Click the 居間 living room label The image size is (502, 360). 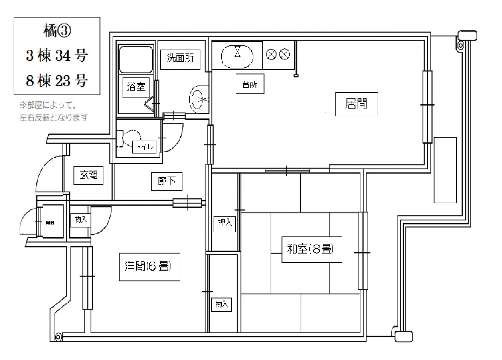(x=356, y=104)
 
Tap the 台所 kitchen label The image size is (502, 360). (x=250, y=84)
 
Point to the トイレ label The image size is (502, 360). (x=144, y=147)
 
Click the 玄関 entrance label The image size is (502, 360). (x=88, y=175)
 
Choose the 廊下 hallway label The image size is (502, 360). (x=167, y=181)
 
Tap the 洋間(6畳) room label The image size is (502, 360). (x=150, y=267)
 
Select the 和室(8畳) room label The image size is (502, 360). (x=311, y=250)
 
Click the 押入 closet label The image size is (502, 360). (x=225, y=223)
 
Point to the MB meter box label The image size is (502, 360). (x=50, y=223)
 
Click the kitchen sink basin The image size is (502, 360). (x=237, y=56)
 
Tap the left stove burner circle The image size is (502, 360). (x=271, y=54)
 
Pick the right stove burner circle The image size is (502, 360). (x=284, y=54)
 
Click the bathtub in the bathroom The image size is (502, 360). (x=136, y=59)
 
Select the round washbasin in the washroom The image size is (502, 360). (x=199, y=99)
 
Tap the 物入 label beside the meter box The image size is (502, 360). (x=81, y=220)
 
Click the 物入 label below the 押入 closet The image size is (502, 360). (x=222, y=304)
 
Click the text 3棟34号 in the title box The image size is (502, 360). (x=57, y=56)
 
